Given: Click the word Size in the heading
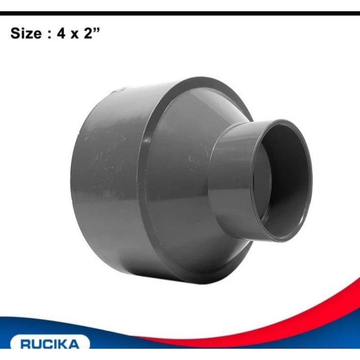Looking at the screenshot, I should (26, 34).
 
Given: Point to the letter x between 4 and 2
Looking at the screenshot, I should (74, 35).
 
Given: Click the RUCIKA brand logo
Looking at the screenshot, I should (49, 345).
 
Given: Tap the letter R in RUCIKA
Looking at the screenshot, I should (26, 345).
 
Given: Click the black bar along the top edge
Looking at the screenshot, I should (180, 13).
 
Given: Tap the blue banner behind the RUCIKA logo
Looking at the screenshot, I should (135, 333).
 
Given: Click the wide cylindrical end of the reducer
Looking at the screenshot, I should (108, 180).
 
